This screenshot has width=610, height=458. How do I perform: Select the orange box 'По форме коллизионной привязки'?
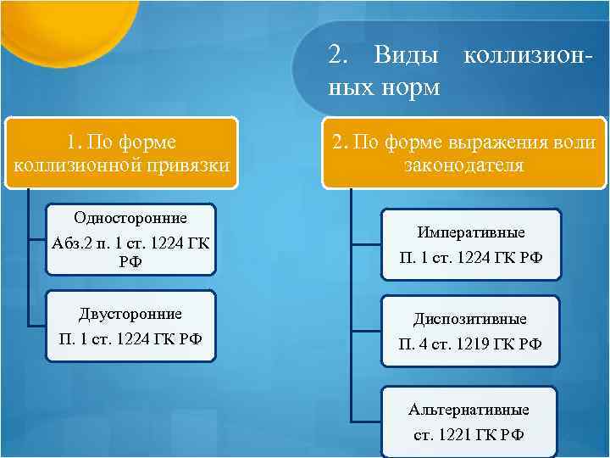121,151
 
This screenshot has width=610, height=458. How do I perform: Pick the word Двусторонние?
130,314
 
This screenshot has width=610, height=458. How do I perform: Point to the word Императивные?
469,232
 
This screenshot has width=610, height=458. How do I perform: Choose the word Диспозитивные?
469,320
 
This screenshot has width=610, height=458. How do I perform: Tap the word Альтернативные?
469,410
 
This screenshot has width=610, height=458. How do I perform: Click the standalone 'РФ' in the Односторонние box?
130,261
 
